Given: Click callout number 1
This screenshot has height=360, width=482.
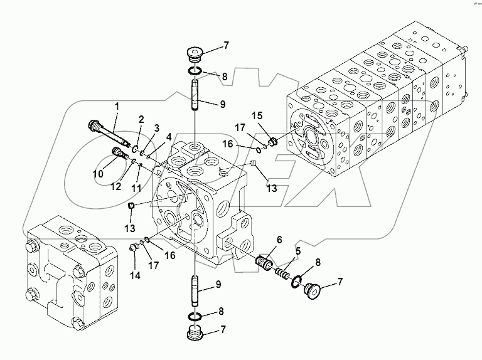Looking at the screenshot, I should coord(116,107).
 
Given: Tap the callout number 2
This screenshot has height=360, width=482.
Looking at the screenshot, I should coord(141,119).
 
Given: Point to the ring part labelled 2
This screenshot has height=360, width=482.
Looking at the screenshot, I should coord(136,148).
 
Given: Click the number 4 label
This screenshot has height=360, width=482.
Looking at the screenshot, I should coord(168,136).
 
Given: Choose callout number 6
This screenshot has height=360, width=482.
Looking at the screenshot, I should coord(279,239).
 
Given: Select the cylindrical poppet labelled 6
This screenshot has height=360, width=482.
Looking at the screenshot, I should coord(266,261).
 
